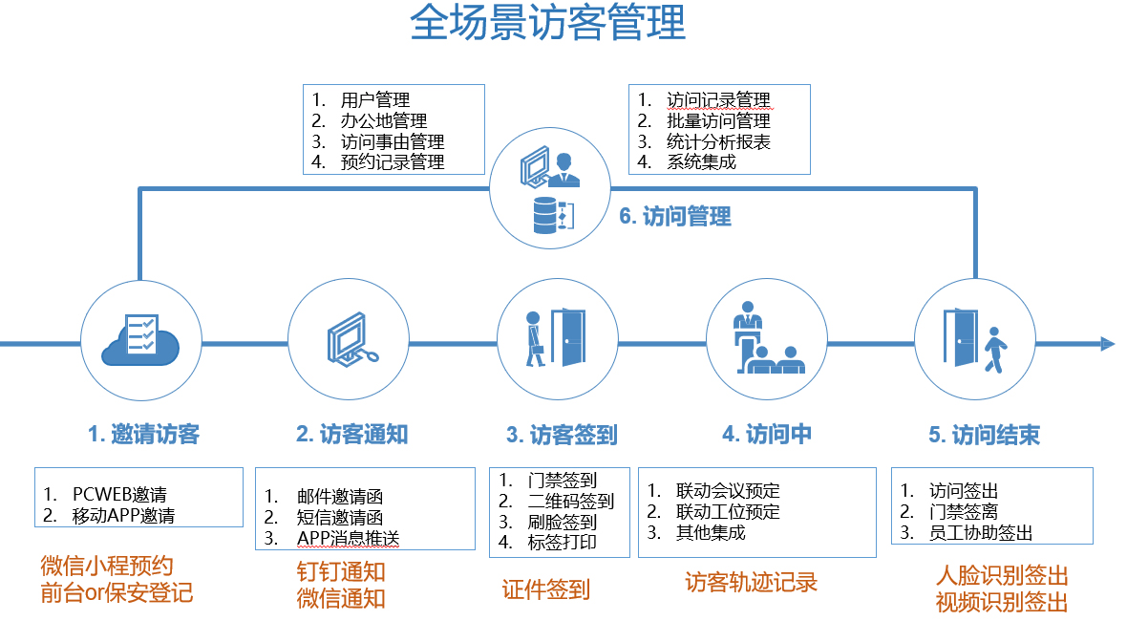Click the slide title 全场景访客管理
(x=548, y=24)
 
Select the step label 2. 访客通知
(x=351, y=435)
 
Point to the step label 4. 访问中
(x=767, y=434)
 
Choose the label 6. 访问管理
(x=675, y=216)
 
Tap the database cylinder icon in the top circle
(x=547, y=216)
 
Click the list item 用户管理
(x=375, y=100)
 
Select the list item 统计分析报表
(x=718, y=142)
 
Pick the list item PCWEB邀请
(x=119, y=495)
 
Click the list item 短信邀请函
(x=340, y=518)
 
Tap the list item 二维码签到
(x=571, y=502)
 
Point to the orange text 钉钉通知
(x=341, y=572)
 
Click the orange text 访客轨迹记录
(x=751, y=582)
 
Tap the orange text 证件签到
(x=546, y=589)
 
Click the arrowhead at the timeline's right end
(x=1107, y=344)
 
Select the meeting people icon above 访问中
(x=764, y=339)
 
